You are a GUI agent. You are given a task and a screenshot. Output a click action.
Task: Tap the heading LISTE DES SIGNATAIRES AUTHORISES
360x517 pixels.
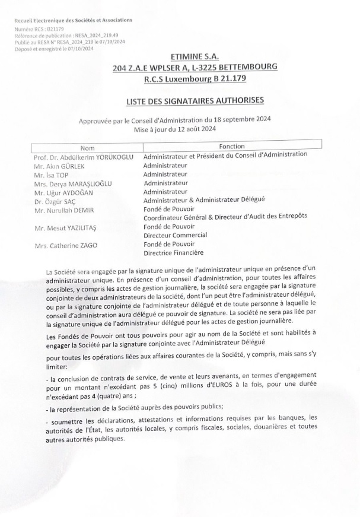(x=195, y=102)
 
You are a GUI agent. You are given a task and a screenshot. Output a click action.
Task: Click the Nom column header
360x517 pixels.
(x=88, y=147)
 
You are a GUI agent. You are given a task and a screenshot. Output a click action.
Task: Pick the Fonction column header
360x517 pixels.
(x=231, y=145)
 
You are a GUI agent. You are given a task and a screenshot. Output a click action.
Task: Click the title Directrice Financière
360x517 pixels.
(x=173, y=253)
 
